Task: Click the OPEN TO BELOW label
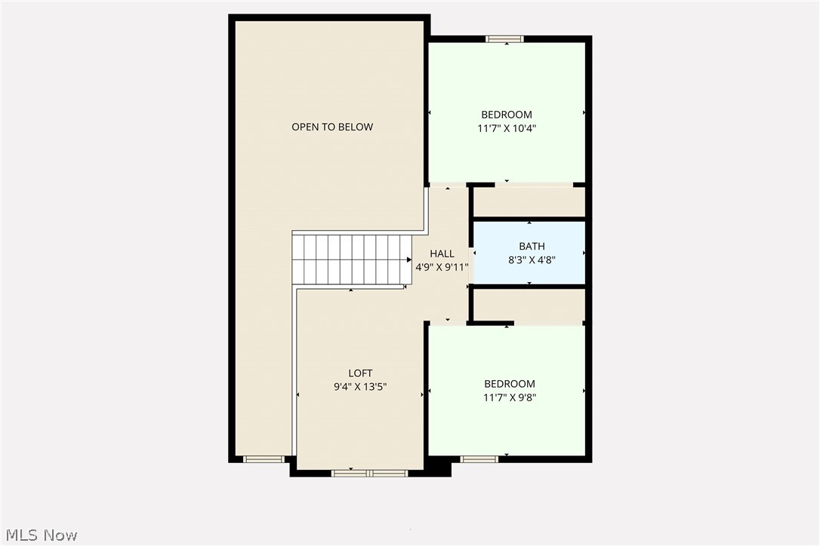click(x=332, y=127)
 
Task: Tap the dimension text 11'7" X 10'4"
click(x=507, y=128)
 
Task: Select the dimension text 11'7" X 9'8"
click(x=510, y=397)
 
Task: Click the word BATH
click(x=532, y=246)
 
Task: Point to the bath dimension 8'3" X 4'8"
click(x=532, y=259)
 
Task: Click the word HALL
click(x=442, y=253)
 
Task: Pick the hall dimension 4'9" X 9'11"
click(x=442, y=267)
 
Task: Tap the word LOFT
click(x=360, y=373)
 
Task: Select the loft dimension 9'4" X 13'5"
click(x=360, y=387)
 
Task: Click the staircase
click(x=351, y=259)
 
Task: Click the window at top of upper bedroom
click(x=504, y=39)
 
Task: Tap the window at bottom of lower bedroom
click(x=479, y=459)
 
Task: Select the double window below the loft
click(x=370, y=474)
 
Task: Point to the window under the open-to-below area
click(x=264, y=459)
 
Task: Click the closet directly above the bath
click(x=529, y=201)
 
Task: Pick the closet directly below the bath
click(x=529, y=305)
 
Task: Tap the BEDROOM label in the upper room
click(x=507, y=115)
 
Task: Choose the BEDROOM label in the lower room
click(x=510, y=384)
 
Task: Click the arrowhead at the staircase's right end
click(x=408, y=259)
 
